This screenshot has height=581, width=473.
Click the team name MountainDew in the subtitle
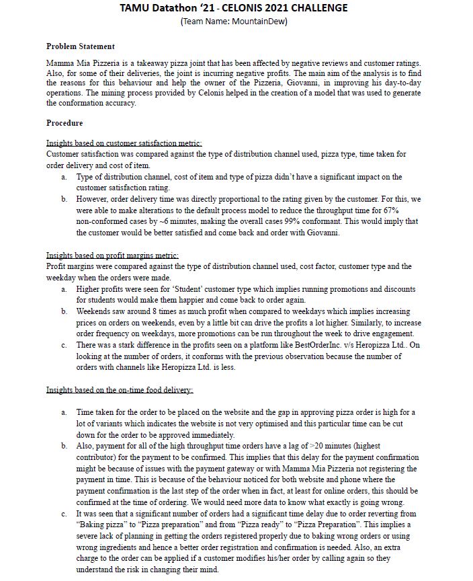pyautogui.click(x=259, y=21)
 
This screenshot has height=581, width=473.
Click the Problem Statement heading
pyautogui.click(x=80, y=46)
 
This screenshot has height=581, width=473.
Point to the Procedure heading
pyautogui.click(x=64, y=123)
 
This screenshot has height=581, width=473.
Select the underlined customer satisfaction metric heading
pyautogui.click(x=124, y=143)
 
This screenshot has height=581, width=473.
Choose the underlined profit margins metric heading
pyautogui.click(x=112, y=256)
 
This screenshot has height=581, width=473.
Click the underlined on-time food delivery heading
pyautogui.click(x=119, y=390)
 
